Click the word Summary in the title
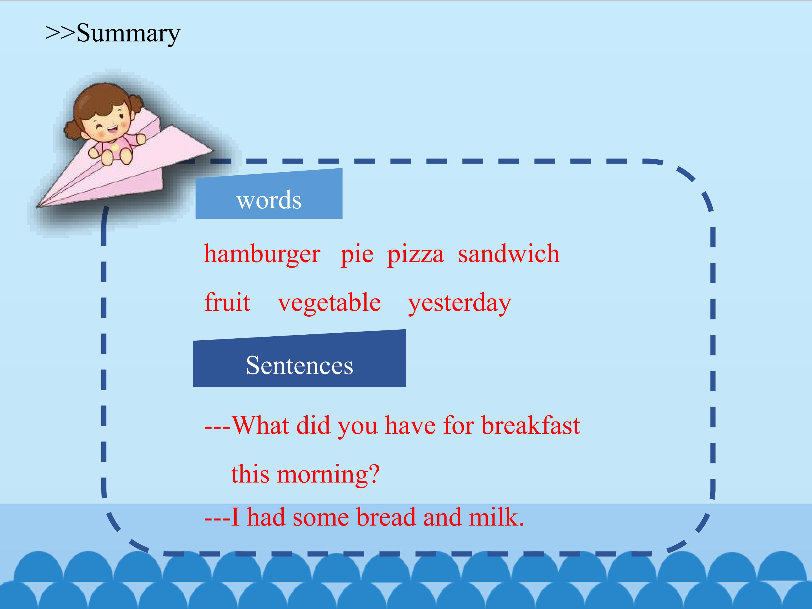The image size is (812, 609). point(129,33)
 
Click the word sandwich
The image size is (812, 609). point(509,253)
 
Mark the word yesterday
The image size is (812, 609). point(460,304)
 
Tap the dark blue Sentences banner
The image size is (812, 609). point(299,359)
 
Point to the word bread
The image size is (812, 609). point(387,517)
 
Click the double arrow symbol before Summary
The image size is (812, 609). point(61,33)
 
